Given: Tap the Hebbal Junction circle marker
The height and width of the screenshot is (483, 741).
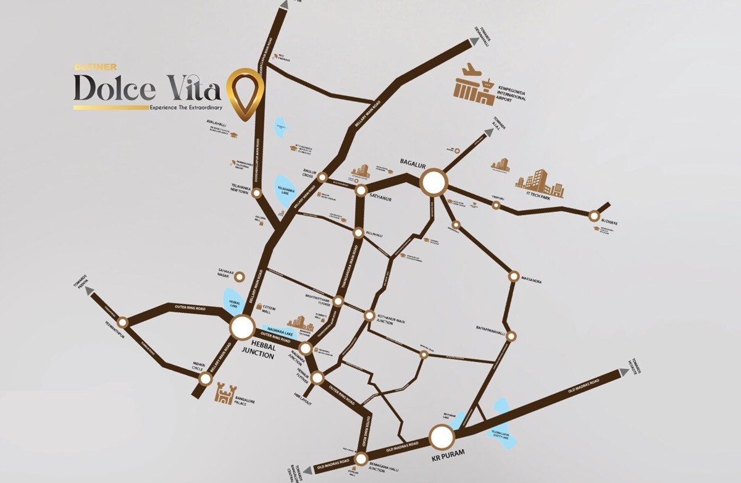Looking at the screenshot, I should point(243,327).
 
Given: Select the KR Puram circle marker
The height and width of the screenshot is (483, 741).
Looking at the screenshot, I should point(442,437).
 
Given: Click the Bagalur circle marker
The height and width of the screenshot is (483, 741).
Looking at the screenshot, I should point(433,182).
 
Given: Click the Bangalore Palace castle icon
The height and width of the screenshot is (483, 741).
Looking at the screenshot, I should point(224,393).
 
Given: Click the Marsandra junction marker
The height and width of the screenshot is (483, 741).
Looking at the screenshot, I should point(513,276).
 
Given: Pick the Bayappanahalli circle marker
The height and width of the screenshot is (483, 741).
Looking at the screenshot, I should point(511,335).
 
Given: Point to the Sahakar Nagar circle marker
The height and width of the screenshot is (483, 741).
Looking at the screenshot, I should point(241,277).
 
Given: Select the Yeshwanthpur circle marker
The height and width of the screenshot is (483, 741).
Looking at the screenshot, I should point(122,322).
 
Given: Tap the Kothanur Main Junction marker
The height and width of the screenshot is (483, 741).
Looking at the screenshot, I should point(369,316).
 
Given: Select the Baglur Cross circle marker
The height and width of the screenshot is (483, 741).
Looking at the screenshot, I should point(322,177).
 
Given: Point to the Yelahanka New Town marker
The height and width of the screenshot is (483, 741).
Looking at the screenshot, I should point(257,193).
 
